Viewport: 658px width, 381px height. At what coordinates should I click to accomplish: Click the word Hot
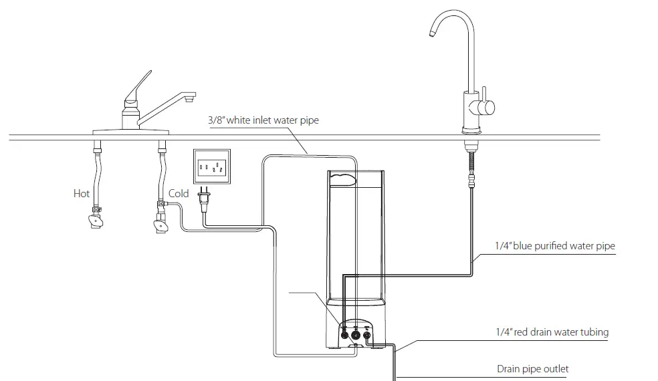pos(82,194)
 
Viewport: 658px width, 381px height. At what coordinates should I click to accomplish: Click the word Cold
pos(179,194)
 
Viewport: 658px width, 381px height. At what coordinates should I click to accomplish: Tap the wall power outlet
pos(212,165)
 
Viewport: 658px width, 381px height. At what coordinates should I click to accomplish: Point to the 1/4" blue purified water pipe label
pos(554,246)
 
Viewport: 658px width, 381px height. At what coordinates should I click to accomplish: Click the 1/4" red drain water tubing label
pos(552,332)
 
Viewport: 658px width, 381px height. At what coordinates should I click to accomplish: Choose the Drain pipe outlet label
pos(532,368)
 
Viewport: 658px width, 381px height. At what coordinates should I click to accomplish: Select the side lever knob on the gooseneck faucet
pos(490,106)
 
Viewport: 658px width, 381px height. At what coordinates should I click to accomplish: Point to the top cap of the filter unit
pos(355,177)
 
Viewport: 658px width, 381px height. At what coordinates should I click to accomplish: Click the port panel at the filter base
pos(356,333)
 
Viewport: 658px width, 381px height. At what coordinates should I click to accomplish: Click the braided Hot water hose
pos(98,174)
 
